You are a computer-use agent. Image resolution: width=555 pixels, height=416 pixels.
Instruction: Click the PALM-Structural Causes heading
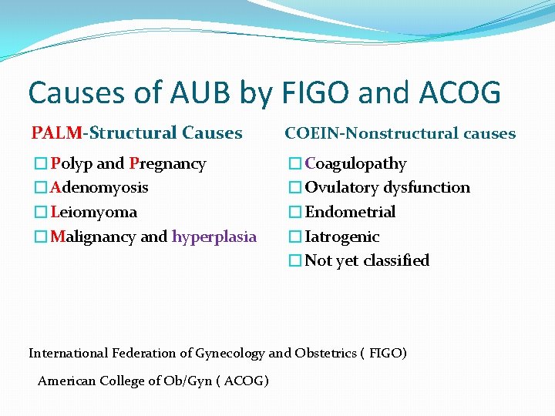pos(136,133)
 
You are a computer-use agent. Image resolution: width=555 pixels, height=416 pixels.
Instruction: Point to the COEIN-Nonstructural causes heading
pos(400,133)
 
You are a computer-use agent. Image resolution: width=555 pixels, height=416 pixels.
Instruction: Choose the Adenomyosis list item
pos(99,187)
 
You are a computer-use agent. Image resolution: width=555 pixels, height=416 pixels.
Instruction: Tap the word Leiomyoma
pos(93,212)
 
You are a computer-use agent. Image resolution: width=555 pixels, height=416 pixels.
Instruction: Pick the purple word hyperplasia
pos(214,237)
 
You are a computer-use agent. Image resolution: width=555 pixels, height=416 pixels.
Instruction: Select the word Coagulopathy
pos(355,164)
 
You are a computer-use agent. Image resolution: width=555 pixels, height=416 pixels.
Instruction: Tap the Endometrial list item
pos(350,212)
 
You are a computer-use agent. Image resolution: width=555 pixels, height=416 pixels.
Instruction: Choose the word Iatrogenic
pos(342,237)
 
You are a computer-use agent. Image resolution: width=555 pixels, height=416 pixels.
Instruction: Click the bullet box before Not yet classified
pos(294,261)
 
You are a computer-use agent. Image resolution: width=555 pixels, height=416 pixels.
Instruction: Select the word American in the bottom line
pos(66,381)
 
